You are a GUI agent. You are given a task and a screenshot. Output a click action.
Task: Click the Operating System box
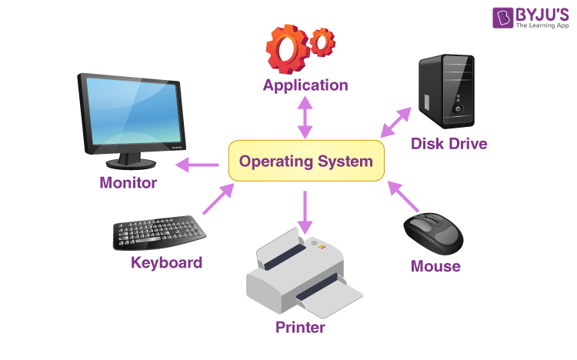[x=305, y=162]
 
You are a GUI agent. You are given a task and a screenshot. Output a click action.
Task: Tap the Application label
[x=305, y=85]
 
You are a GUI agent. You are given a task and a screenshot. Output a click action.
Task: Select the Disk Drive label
[x=449, y=143]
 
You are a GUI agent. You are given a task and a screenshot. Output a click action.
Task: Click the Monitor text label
[x=128, y=183]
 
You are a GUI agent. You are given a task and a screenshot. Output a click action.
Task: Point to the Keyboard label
[x=166, y=262]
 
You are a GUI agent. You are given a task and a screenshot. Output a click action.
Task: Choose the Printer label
[x=300, y=328]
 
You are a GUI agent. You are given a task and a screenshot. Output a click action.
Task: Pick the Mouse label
[x=435, y=266]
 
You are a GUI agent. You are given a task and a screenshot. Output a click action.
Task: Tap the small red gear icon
[x=323, y=42]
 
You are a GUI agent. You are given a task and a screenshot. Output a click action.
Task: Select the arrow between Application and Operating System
[x=305, y=118]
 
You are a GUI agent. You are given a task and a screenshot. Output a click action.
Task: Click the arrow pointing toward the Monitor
[x=195, y=163]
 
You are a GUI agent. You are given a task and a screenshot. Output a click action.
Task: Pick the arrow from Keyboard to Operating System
[x=218, y=199]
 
